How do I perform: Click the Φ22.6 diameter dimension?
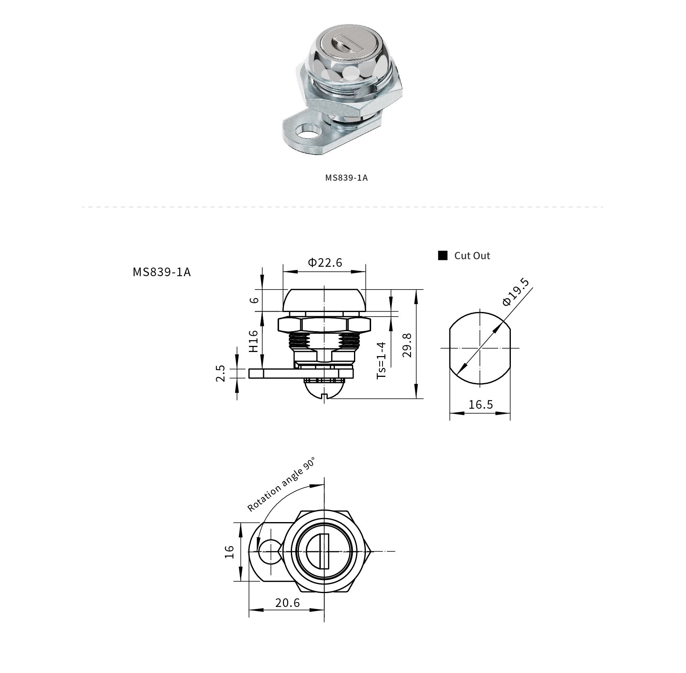point(325,262)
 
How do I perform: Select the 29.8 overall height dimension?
point(407,345)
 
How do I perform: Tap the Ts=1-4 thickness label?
point(381,360)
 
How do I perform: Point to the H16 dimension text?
point(253,341)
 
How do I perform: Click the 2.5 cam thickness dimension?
point(220,373)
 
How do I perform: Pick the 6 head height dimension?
point(254,300)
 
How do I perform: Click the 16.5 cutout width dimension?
point(480,405)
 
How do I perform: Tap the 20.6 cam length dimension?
point(287,602)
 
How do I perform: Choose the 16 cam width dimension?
point(230,551)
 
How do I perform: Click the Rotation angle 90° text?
point(281,485)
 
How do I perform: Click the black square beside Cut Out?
point(443,256)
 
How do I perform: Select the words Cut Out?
point(472,256)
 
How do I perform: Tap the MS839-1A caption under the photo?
point(346,178)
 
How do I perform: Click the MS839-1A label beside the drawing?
point(161,272)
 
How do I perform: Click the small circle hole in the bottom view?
point(269,551)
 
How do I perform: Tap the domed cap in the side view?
point(324,299)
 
